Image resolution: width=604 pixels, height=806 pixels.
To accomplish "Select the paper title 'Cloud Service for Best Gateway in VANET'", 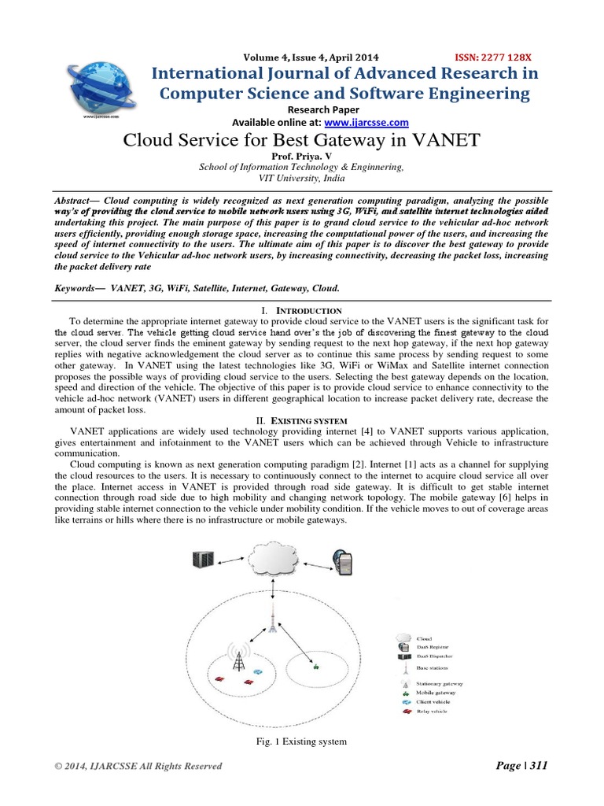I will [x=301, y=142].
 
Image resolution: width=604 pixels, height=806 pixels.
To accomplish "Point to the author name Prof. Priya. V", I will [x=301, y=157].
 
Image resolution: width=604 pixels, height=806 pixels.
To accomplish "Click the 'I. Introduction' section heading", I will [x=302, y=311].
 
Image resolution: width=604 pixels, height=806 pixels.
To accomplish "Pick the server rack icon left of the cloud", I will [x=203, y=560].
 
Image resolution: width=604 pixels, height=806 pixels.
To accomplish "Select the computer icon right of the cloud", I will [x=344, y=564].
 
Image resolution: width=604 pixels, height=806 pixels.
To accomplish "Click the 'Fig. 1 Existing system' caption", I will [x=302, y=742].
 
